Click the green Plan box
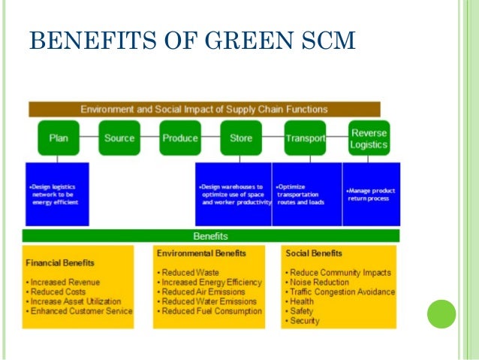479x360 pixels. (59, 138)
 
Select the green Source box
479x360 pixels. (119, 138)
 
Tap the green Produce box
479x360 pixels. (180, 138)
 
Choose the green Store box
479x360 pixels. (241, 138)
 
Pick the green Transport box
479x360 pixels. (305, 138)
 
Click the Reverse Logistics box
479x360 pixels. (369, 138)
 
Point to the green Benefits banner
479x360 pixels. (211, 236)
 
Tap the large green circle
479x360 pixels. (441, 314)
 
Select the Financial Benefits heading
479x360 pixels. (60, 264)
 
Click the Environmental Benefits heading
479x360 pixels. (201, 253)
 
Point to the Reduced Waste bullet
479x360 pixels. (187, 272)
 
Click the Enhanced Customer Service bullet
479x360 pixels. (79, 311)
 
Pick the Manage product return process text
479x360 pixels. (371, 194)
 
